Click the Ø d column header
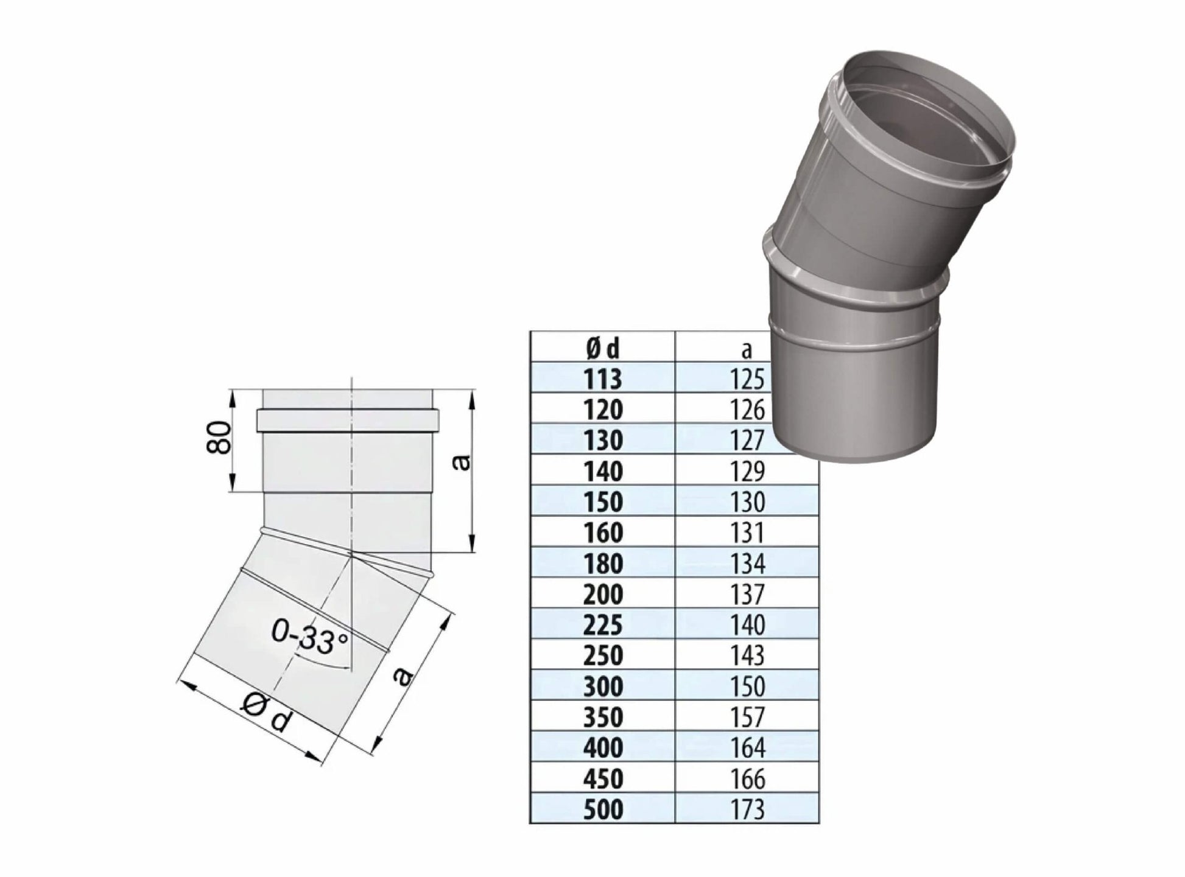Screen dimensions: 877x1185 (602, 349)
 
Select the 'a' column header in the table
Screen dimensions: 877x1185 (747, 349)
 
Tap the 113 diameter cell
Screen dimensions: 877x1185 (602, 379)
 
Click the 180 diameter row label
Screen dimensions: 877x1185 (602, 563)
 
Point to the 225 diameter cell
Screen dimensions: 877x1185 (602, 625)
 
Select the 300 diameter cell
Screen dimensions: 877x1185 (602, 687)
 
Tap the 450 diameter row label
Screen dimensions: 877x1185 (602, 778)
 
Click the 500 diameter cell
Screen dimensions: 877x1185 (602, 809)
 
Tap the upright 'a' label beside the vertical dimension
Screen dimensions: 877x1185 (462, 463)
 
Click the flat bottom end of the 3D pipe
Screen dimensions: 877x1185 (853, 453)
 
